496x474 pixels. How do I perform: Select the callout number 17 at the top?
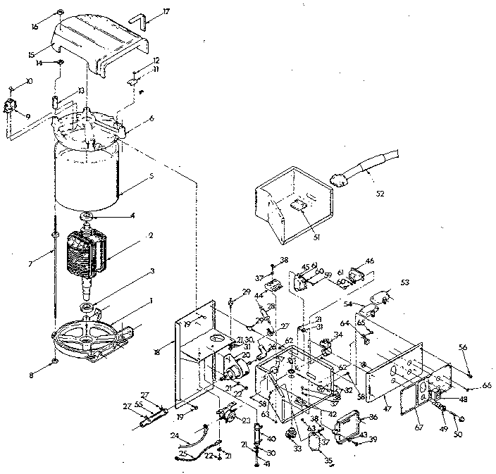coord(166,12)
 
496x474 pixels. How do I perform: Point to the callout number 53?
coord(405,282)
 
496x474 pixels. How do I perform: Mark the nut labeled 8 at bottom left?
coord(54,363)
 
